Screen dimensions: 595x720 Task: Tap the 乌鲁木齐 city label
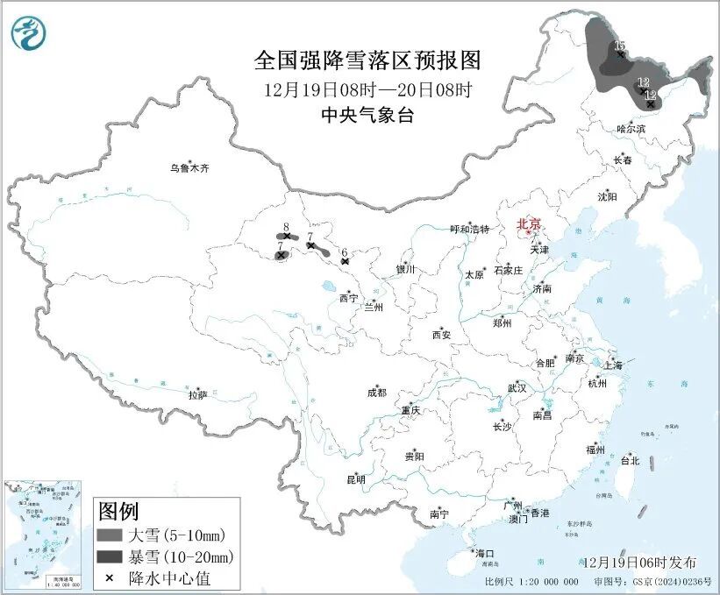[x=190, y=167]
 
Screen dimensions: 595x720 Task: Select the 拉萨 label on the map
[x=197, y=395]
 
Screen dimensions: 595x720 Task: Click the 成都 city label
[x=377, y=393]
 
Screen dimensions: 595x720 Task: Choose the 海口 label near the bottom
[x=485, y=553]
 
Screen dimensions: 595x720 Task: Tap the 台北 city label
[x=630, y=460]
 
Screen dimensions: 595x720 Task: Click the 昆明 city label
[x=355, y=479]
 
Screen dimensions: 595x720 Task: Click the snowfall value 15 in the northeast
[x=619, y=46]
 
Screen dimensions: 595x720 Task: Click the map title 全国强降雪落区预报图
[x=367, y=60]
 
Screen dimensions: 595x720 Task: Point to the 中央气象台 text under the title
[x=367, y=115]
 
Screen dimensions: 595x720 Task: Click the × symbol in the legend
[x=110, y=577]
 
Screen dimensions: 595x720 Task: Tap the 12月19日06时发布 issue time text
[x=638, y=562]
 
